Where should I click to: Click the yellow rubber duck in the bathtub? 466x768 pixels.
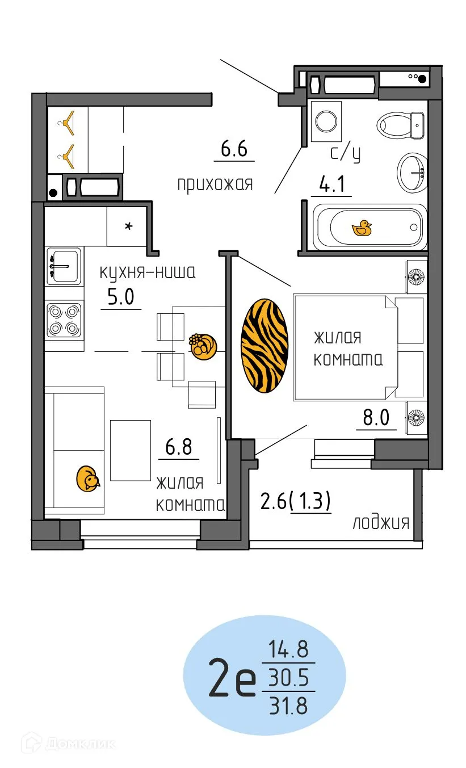click(362, 228)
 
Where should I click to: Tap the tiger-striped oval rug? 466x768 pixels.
click(265, 346)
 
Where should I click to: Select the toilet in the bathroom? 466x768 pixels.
click(401, 124)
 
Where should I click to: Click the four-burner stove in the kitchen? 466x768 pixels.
click(64, 320)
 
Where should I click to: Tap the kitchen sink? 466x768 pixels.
click(64, 265)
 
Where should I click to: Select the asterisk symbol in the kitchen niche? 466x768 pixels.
click(129, 227)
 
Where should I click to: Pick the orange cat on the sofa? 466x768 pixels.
click(88, 479)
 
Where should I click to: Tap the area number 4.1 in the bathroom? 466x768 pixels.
click(331, 186)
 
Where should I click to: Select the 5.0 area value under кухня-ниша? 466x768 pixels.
click(121, 297)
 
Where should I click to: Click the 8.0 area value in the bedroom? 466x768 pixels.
click(376, 418)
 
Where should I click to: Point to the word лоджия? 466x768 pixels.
click(381, 523)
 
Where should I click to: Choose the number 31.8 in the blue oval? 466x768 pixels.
click(288, 707)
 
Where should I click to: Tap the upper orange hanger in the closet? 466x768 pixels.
click(69, 121)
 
